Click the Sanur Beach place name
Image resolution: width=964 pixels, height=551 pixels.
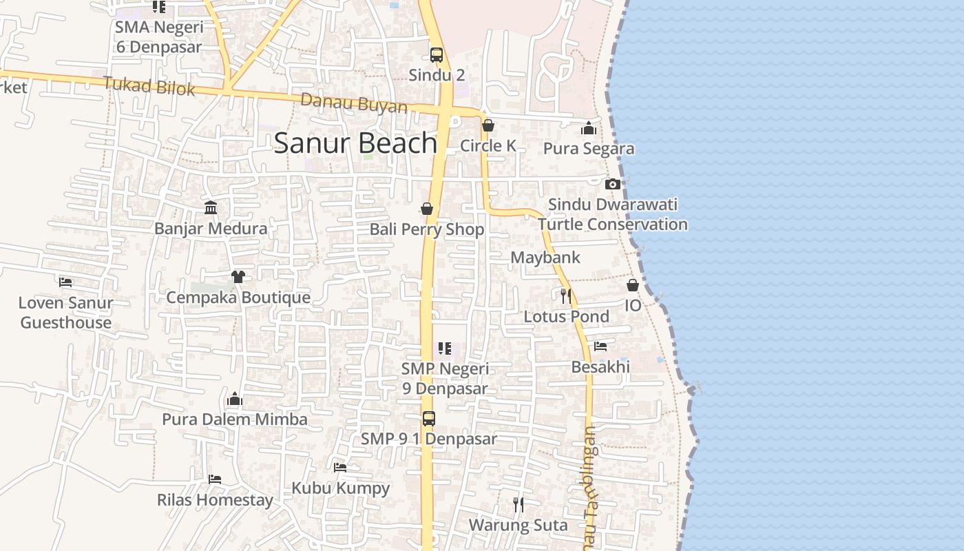[x=355, y=143]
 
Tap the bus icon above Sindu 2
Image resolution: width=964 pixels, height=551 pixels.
[x=437, y=55]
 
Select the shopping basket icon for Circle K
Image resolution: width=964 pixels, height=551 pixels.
[x=488, y=125]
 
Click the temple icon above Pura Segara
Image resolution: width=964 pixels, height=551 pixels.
[x=589, y=129]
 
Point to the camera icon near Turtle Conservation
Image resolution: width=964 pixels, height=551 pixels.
[x=612, y=184]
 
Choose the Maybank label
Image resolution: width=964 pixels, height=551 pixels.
[x=545, y=258]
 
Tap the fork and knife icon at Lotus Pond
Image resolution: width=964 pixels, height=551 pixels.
[x=565, y=295]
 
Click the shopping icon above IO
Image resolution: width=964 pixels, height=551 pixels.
[x=633, y=285]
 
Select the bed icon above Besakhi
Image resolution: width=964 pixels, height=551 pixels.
[x=600, y=346]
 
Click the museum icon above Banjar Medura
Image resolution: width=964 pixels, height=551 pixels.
[x=211, y=207]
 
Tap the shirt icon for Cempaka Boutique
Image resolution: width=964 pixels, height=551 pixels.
[x=238, y=277]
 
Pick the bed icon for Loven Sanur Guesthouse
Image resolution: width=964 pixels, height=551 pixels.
[x=65, y=282]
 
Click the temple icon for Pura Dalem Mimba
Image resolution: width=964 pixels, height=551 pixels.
[x=235, y=399]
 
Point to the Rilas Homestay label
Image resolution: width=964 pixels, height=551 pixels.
[x=215, y=500]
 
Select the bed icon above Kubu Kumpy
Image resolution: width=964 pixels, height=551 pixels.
[x=340, y=468]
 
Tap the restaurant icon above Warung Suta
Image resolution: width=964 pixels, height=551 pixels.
[x=518, y=505]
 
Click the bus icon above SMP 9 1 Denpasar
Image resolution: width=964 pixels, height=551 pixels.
[x=429, y=418]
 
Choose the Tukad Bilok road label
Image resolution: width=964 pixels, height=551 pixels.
[x=149, y=86]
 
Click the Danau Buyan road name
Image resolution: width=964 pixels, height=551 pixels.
[x=354, y=103]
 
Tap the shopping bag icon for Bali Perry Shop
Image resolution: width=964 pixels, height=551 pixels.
[x=427, y=209]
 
